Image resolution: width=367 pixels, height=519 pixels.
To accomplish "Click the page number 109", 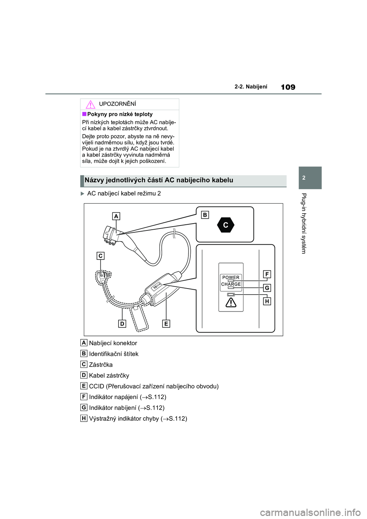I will [288, 87].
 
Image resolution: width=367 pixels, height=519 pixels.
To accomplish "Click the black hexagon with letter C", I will [226, 225].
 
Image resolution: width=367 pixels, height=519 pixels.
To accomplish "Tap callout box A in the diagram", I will [116, 216].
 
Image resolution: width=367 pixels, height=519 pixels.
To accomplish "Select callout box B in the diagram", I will [205, 215].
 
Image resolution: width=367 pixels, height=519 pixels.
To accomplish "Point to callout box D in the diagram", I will [122, 324].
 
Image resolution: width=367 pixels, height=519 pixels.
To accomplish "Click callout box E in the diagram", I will [166, 324].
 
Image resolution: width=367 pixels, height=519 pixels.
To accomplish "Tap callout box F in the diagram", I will [267, 274].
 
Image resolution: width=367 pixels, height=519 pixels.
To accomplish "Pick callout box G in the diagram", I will [267, 288].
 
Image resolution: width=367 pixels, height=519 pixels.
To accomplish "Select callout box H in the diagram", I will [267, 301].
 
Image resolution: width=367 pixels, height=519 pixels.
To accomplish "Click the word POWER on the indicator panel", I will [231, 277].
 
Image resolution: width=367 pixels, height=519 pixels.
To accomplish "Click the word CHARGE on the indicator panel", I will [231, 284].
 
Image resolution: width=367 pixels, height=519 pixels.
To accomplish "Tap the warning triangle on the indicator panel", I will [231, 303].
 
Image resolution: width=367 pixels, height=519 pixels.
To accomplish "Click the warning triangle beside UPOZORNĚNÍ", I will [90, 104].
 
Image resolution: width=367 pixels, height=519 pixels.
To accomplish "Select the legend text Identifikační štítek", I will [114, 354].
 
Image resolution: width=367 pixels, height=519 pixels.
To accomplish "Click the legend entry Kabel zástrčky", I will [109, 376].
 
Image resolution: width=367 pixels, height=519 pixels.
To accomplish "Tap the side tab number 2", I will [304, 178].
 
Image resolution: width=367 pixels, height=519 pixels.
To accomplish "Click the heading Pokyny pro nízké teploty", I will [120, 114].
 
